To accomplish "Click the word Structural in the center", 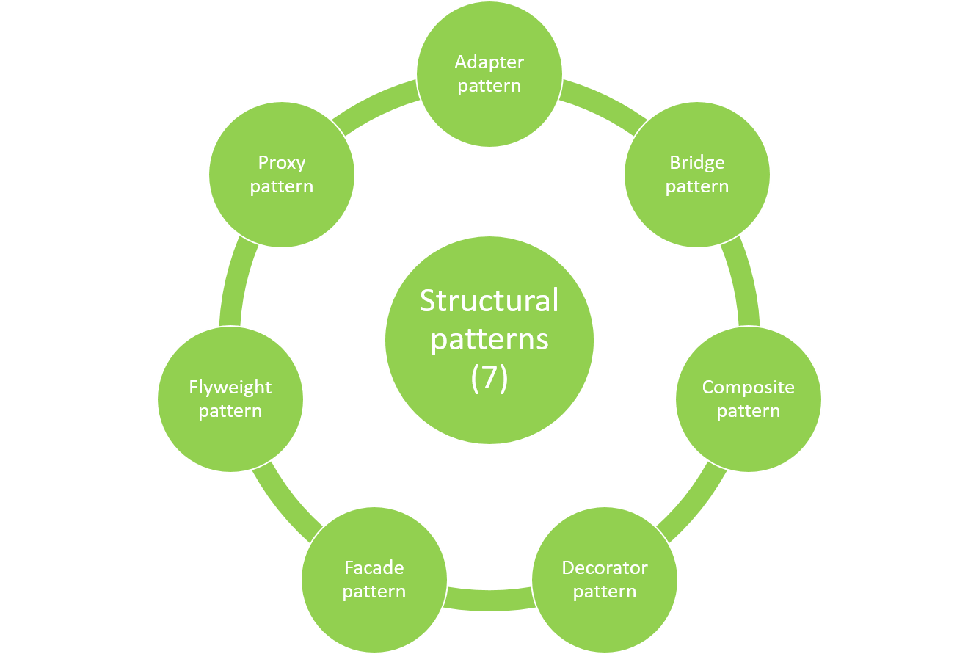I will coord(489,301).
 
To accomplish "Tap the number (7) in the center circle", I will coord(489,378).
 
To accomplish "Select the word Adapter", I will coord(489,62).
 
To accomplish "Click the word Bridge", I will coord(697,163).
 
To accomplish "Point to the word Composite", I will coord(749,388).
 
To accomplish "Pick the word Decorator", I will coord(605,568).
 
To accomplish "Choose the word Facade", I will coord(374,568).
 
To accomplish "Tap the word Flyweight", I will coord(230,388).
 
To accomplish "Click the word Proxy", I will coord(282,163).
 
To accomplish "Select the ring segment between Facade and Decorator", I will coord(489,599).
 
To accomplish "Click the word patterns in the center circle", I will coord(489,339).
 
